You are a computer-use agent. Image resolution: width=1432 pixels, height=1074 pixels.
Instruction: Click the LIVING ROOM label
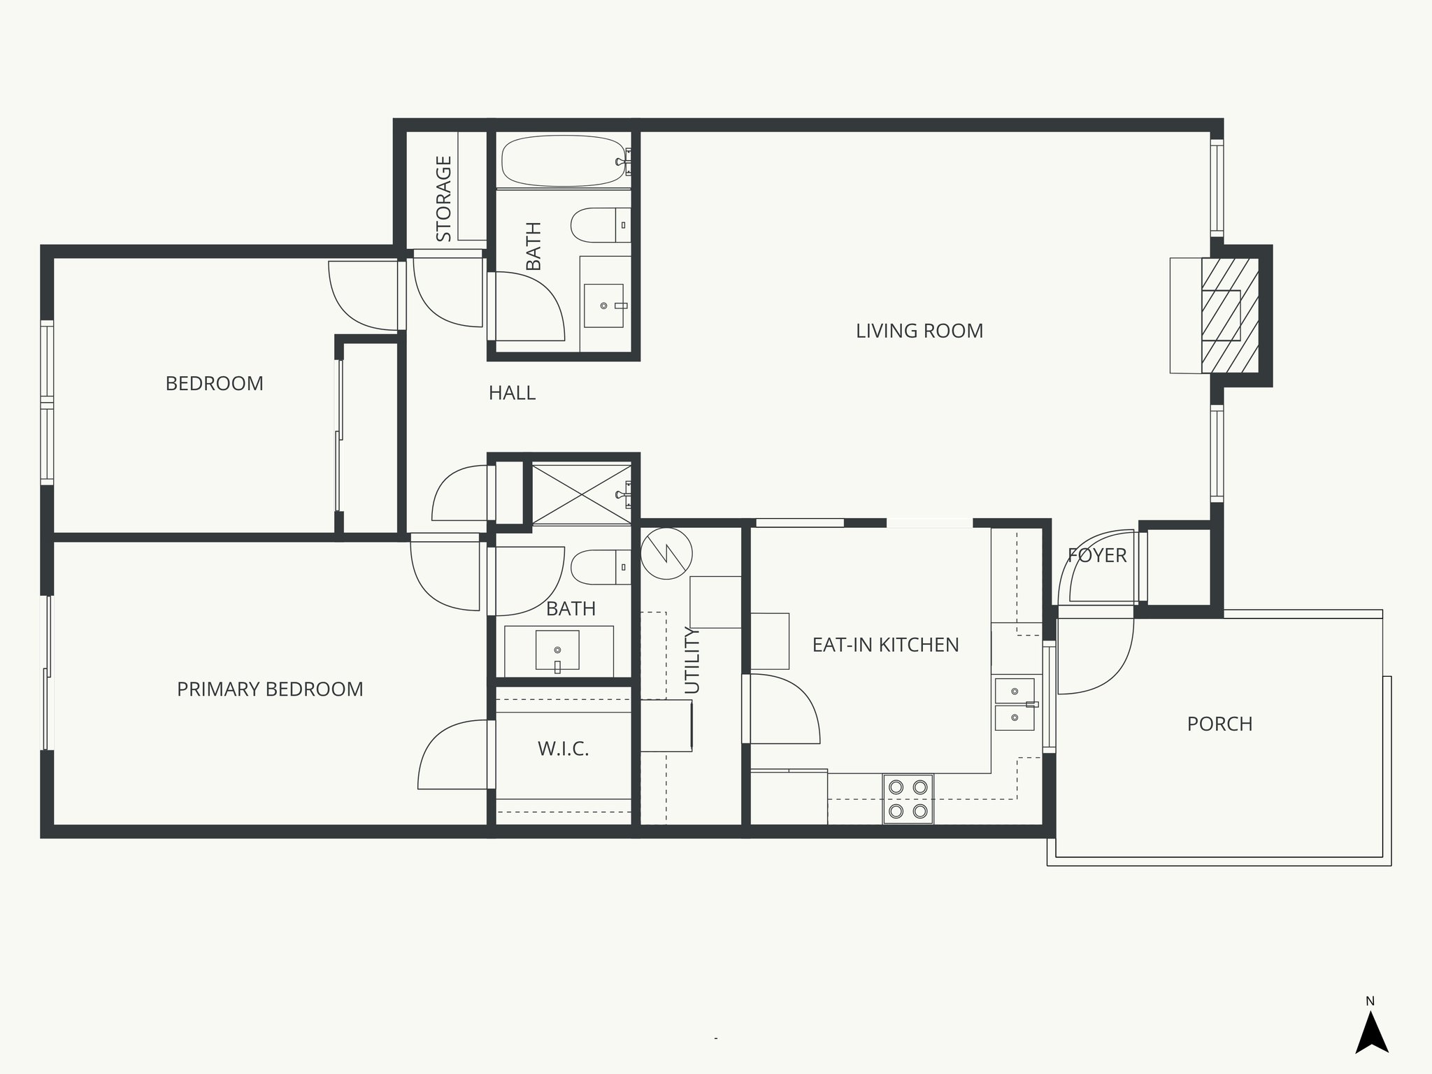coord(919,331)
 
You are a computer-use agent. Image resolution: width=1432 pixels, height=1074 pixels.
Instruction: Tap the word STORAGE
coord(444,199)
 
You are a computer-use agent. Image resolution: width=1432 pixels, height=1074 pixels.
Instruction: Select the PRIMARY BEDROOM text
coord(270,689)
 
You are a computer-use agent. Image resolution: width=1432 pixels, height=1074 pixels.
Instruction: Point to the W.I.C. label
coord(563,750)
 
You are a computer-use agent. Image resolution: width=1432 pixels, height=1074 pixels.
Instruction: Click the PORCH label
coord(1219,724)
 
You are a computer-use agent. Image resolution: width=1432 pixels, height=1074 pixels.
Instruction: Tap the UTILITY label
coord(692,660)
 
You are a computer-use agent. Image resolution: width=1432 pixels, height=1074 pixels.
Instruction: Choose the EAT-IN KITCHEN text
coord(885,645)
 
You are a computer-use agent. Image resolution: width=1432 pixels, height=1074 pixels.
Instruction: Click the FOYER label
coord(1096,555)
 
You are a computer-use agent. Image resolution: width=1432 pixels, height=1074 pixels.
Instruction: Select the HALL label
coord(512,393)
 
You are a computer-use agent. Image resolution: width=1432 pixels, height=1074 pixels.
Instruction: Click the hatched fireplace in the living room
coord(1229,315)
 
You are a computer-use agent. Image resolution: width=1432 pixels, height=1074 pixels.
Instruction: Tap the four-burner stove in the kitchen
coord(908,799)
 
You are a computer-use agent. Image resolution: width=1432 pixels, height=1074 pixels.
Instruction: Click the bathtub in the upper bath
coord(563,161)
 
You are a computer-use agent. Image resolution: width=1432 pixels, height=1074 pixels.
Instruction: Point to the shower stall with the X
coord(581,494)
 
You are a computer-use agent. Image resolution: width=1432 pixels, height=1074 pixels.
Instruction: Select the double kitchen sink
coord(1014,703)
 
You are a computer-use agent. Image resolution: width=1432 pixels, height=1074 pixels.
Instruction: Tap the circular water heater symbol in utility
coord(666,553)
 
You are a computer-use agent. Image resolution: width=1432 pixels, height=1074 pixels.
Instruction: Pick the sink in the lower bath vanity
coord(557,650)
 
